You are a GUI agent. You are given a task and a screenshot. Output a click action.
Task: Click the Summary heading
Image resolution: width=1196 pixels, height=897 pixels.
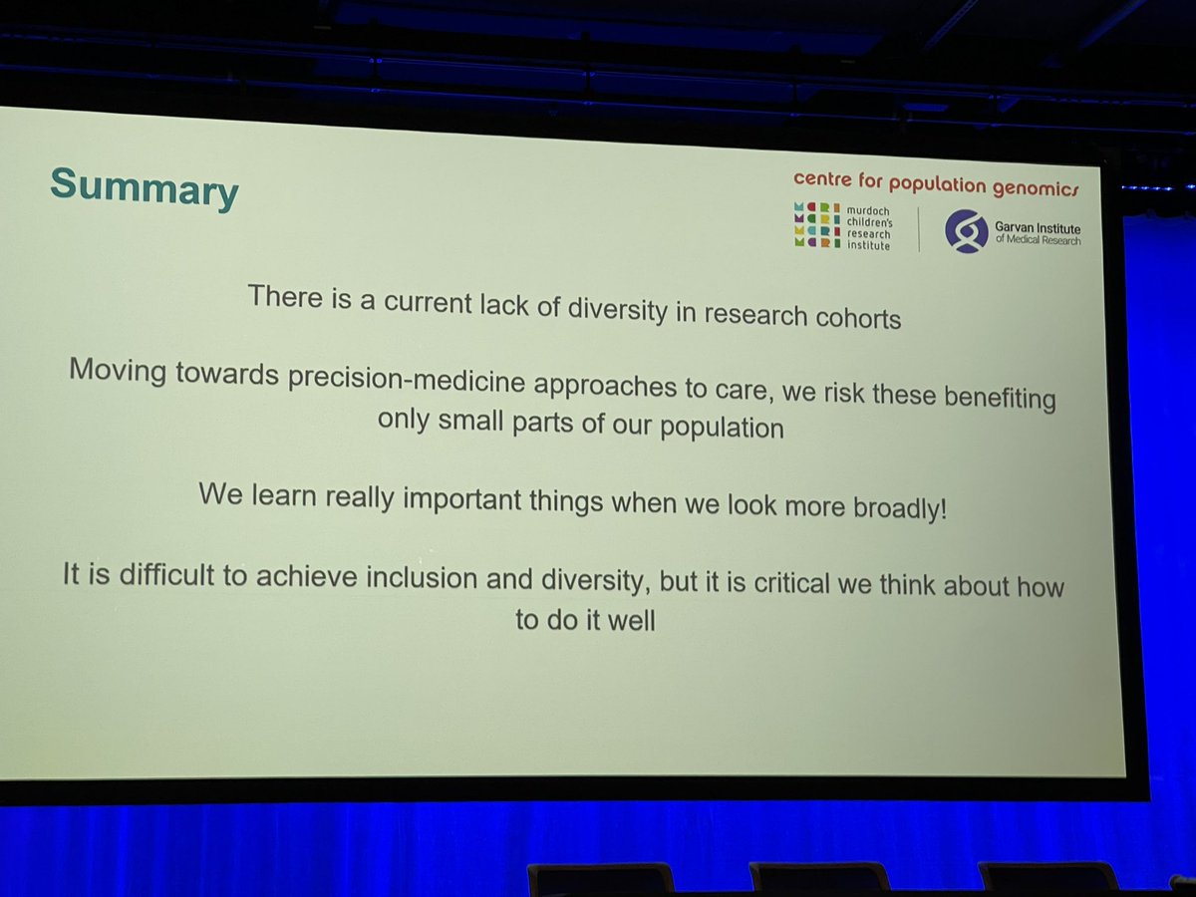pyautogui.click(x=144, y=187)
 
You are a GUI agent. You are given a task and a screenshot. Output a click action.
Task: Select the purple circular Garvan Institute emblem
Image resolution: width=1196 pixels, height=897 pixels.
pyautogui.click(x=966, y=232)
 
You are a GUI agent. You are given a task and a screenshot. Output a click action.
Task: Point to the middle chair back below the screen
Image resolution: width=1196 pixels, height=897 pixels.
pyautogui.click(x=819, y=877)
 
